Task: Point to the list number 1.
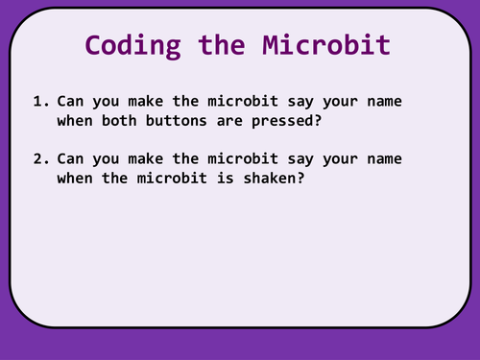point(37,101)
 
